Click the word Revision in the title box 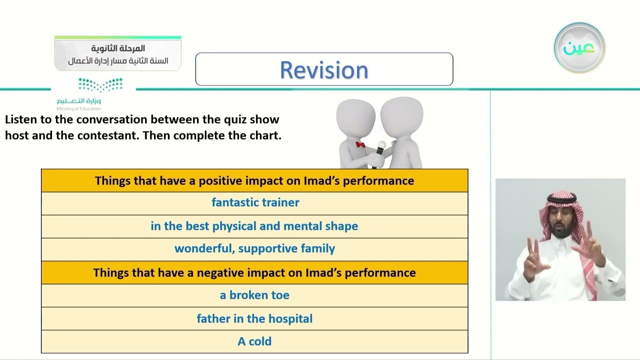[324, 70]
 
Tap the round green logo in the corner [579, 47]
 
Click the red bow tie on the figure [360, 144]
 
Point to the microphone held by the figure [379, 153]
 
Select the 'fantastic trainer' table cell [254, 203]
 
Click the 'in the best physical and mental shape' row [254, 226]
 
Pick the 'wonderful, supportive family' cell [254, 249]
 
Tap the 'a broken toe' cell [254, 295]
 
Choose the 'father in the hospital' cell [254, 318]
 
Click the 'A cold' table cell [254, 341]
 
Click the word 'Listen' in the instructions [21, 119]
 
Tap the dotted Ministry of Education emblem [100, 84]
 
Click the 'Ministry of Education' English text [78, 108]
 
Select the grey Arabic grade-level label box [117, 53]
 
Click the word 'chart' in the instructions [264, 135]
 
